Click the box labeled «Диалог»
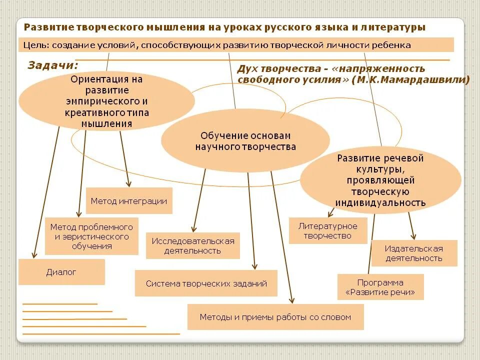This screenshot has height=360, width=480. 61,272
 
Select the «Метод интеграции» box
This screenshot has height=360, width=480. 129,201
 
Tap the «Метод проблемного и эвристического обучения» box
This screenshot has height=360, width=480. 91,236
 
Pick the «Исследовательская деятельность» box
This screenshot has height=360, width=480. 192,245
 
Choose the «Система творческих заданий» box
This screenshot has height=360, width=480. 206,283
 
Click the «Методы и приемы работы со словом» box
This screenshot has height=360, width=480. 275,317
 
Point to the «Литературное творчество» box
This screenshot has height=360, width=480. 327,230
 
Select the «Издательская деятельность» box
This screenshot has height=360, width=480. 413,253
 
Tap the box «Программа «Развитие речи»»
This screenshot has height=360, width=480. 380,287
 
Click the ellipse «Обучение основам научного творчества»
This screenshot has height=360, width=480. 245,141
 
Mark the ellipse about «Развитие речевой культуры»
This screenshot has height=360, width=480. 380,180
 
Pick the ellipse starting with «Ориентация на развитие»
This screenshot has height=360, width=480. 106,101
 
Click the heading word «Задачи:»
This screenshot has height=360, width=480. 53,65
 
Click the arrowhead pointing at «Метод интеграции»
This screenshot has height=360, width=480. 129,184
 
